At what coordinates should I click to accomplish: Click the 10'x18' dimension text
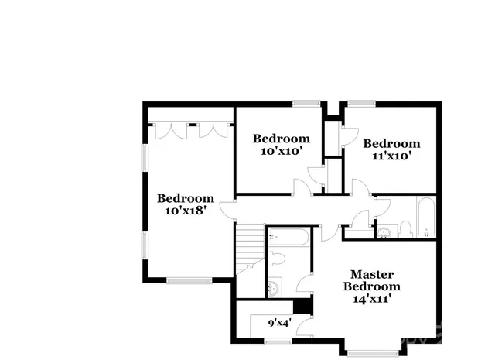(185, 210)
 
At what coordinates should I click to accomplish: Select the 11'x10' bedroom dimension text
(391, 155)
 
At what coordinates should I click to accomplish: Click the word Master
(372, 274)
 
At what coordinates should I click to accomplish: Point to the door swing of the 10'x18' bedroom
(229, 211)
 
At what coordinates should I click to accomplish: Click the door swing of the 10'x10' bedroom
(300, 187)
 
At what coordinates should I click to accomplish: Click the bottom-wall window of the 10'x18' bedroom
(189, 279)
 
